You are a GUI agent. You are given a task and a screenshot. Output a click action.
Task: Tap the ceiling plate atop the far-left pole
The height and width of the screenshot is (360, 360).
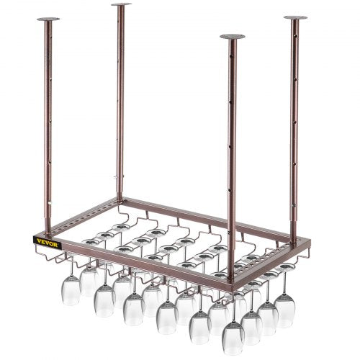point(48,18)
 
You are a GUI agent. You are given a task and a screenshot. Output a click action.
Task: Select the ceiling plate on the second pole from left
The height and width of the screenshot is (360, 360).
point(121,5)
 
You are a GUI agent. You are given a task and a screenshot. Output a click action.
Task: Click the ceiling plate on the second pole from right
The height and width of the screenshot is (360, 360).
point(232,36)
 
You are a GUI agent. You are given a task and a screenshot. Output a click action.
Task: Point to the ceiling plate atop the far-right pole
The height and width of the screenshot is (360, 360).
point(294,17)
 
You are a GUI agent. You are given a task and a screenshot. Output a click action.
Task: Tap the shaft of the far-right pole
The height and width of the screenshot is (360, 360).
point(294,122)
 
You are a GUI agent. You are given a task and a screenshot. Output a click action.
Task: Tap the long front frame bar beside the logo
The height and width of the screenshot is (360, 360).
point(144,256)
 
